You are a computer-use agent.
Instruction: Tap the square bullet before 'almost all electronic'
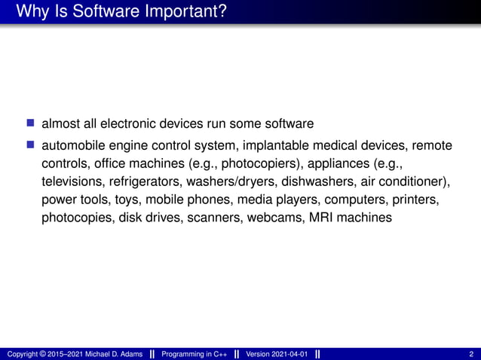(x=30, y=123)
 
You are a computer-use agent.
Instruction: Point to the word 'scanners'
(x=217, y=218)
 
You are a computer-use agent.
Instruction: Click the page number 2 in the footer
(x=470, y=354)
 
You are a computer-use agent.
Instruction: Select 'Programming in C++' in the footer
(x=195, y=354)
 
